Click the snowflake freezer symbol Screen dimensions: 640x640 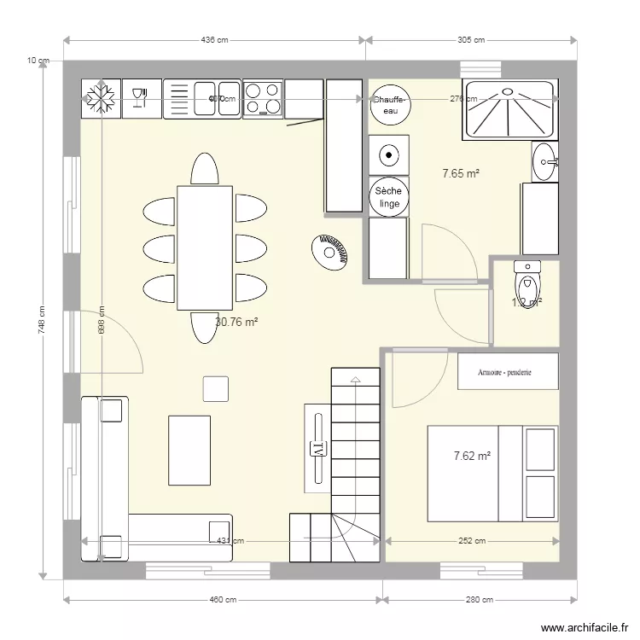pos(102,98)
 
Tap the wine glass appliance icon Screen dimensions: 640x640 pos(142,98)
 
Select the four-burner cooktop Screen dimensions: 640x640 pos(263,98)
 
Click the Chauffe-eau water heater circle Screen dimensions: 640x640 pos(390,105)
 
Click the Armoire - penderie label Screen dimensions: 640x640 pos(507,371)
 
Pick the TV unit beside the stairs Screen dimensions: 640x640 pos(317,446)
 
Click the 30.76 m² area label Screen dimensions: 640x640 pos(236,323)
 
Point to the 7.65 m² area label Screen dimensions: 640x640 pos(460,174)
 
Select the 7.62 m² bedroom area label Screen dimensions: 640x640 pos(472,457)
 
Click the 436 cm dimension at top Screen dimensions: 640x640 pos(214,39)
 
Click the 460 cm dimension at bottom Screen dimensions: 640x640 pos(224,600)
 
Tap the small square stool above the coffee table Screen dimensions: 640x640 pos(216,388)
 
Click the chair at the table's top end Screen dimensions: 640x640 pos(205,168)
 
